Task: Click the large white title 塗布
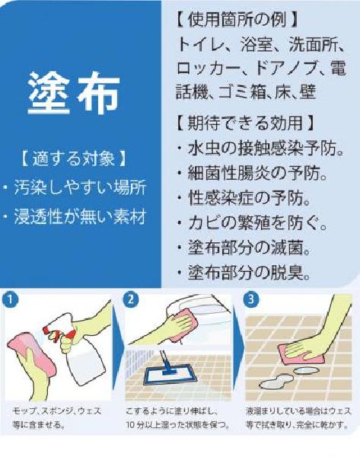74,92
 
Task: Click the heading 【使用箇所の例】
237,20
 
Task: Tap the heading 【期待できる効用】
245,123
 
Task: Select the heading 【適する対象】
74,158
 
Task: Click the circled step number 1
10,299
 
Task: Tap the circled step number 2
131,299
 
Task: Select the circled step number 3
250,299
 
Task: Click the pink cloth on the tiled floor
301,354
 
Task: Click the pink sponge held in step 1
31,354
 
